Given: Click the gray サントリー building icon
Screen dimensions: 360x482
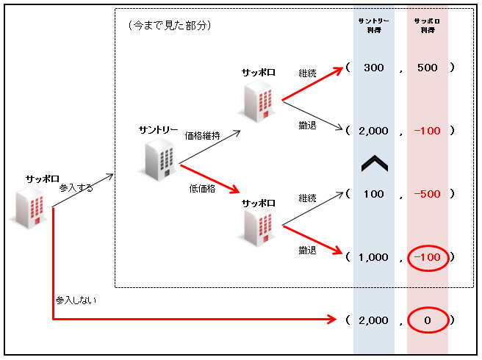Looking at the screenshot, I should click(x=159, y=158).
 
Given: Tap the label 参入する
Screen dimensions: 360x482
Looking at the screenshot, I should click(x=76, y=188).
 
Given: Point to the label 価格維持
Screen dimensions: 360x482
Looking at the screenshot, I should click(x=202, y=135).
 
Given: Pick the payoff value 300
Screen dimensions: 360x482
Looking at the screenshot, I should click(x=373, y=68).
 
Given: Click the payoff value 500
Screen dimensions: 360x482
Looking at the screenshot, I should click(x=427, y=68).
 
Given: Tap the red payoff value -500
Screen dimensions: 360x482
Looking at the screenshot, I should click(x=426, y=195).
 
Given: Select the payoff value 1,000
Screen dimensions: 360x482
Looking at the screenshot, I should click(x=373, y=257).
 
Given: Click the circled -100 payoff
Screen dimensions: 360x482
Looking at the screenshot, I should click(x=427, y=257).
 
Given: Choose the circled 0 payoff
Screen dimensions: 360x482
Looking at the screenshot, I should click(x=427, y=320).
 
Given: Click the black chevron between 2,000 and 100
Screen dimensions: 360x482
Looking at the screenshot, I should click(x=373, y=163).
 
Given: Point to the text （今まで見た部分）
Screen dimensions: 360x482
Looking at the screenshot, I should click(x=169, y=25).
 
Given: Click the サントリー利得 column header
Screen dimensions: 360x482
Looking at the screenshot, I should click(x=373, y=26).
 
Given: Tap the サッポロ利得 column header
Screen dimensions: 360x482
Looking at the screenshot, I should click(x=427, y=26).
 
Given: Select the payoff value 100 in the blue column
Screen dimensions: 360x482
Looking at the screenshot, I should click(x=373, y=195).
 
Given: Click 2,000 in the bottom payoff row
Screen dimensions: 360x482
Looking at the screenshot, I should click(x=373, y=320).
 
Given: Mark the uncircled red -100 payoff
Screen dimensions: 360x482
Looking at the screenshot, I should click(x=426, y=131).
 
